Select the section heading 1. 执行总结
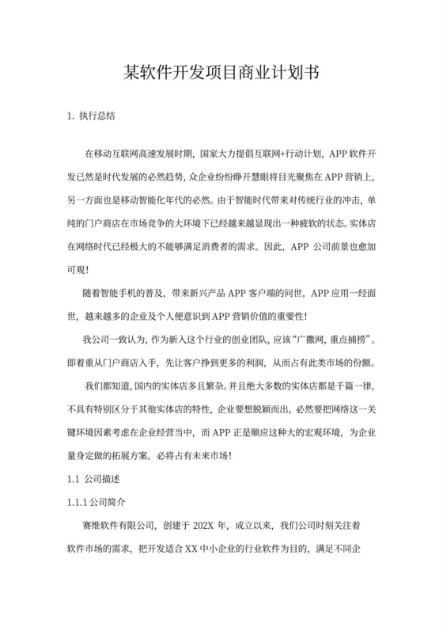[93, 116]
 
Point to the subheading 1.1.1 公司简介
[99, 502]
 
